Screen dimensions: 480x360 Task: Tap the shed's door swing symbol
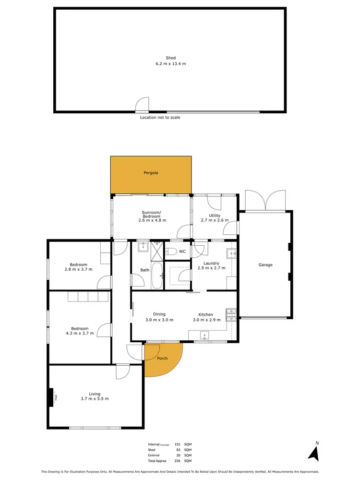[x=142, y=105]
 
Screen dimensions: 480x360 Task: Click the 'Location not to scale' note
[x=160, y=118]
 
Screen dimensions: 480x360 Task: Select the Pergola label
[x=151, y=173]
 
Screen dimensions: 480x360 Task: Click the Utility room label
[x=214, y=216]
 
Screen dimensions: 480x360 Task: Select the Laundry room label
[x=211, y=263]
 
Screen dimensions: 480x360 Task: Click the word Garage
[x=265, y=264]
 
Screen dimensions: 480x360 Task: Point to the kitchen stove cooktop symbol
[x=231, y=313]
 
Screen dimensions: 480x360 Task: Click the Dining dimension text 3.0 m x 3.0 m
[x=159, y=320]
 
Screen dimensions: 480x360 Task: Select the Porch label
[x=162, y=358]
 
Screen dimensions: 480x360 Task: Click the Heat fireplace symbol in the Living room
[x=50, y=397]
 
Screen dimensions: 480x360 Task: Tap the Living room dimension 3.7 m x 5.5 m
[x=95, y=399]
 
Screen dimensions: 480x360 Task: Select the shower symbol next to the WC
[x=157, y=247]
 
